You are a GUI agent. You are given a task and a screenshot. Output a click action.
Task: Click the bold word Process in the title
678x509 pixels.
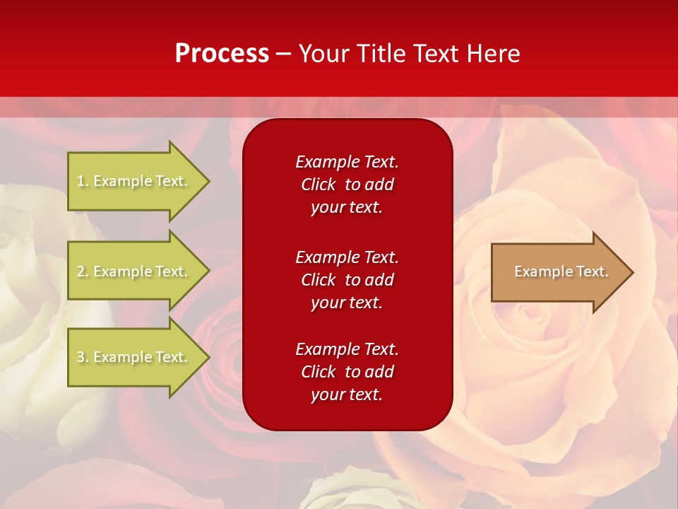click(222, 54)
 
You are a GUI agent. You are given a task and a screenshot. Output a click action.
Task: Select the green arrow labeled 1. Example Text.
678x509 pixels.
click(134, 181)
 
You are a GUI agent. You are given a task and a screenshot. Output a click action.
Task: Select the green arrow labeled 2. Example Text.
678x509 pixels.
click(134, 271)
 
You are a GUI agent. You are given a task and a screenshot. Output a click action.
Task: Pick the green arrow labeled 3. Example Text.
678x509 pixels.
click(134, 357)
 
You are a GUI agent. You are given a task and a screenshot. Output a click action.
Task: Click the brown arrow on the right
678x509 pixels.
click(558, 271)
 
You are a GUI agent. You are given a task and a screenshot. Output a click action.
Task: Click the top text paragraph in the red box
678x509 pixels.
click(347, 185)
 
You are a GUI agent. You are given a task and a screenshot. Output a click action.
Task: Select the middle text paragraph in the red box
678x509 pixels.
click(347, 280)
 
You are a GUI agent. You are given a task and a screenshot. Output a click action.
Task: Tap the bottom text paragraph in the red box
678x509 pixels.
click(347, 372)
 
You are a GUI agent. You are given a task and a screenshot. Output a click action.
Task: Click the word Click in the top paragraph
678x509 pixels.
click(318, 185)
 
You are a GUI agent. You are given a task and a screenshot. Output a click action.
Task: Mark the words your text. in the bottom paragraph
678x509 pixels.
click(347, 394)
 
